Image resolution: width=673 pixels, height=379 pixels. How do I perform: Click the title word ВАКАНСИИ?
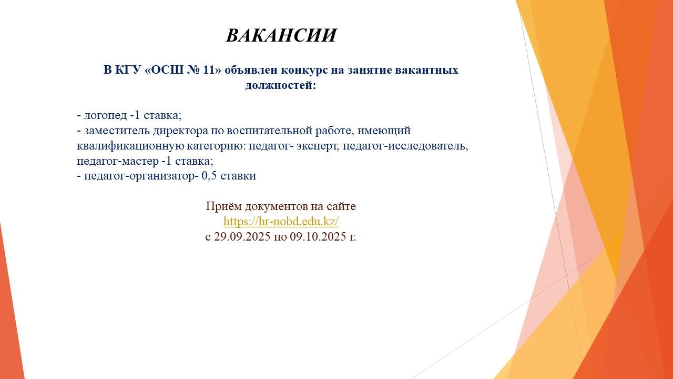tap(281, 35)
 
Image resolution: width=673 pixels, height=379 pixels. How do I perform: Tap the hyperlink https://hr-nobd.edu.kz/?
tap(281, 222)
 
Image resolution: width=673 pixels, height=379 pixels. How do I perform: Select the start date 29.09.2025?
tap(242, 237)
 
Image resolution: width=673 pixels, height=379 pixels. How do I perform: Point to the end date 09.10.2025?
tap(318, 237)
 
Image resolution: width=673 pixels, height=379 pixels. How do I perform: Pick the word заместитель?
tap(117, 131)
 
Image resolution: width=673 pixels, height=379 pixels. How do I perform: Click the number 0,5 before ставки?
tap(209, 176)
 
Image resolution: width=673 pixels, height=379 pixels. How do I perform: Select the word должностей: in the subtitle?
tap(281, 85)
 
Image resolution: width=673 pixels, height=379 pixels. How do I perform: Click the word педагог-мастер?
tap(117, 161)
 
